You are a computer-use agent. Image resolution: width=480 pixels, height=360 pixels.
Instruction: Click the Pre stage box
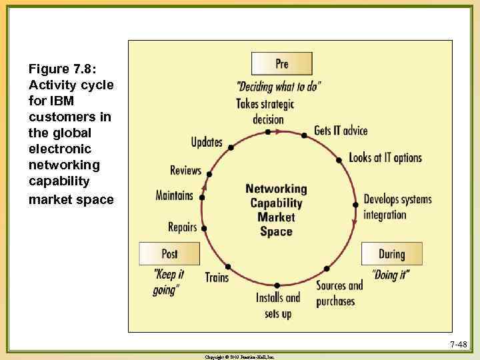tap(281, 64)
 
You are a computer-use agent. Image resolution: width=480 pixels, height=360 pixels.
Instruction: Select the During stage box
tap(391, 254)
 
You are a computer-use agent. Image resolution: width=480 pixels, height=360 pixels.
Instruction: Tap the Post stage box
tap(169, 254)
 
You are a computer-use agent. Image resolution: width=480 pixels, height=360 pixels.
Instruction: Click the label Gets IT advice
tap(341, 131)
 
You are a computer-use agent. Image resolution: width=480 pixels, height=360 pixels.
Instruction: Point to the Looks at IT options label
tap(385, 158)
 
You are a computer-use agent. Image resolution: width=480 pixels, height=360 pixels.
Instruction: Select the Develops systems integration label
tap(397, 207)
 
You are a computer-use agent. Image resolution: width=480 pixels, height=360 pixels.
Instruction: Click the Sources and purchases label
tap(339, 293)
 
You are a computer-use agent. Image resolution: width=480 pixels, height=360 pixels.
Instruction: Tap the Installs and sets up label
tap(278, 305)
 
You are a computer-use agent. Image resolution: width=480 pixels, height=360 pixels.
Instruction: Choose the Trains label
tap(217, 277)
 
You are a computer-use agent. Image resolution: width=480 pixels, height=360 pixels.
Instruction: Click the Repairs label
tap(183, 227)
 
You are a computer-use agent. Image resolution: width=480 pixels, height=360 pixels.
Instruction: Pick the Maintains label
tap(174, 195)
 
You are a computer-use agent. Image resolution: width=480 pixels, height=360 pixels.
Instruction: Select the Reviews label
tap(185, 170)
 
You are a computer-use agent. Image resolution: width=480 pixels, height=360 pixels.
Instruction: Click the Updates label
tap(207, 142)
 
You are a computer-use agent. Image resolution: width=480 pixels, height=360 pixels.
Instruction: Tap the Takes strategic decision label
tap(265, 112)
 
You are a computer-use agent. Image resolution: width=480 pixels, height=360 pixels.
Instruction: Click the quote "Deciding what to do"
tap(279, 87)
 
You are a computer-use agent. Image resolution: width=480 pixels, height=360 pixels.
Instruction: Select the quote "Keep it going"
tap(168, 283)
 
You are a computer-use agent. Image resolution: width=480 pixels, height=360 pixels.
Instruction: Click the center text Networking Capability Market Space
tap(276, 210)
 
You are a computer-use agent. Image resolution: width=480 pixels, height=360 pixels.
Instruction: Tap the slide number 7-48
tap(458, 345)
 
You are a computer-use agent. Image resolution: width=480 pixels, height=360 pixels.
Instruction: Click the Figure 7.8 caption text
tap(71, 134)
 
